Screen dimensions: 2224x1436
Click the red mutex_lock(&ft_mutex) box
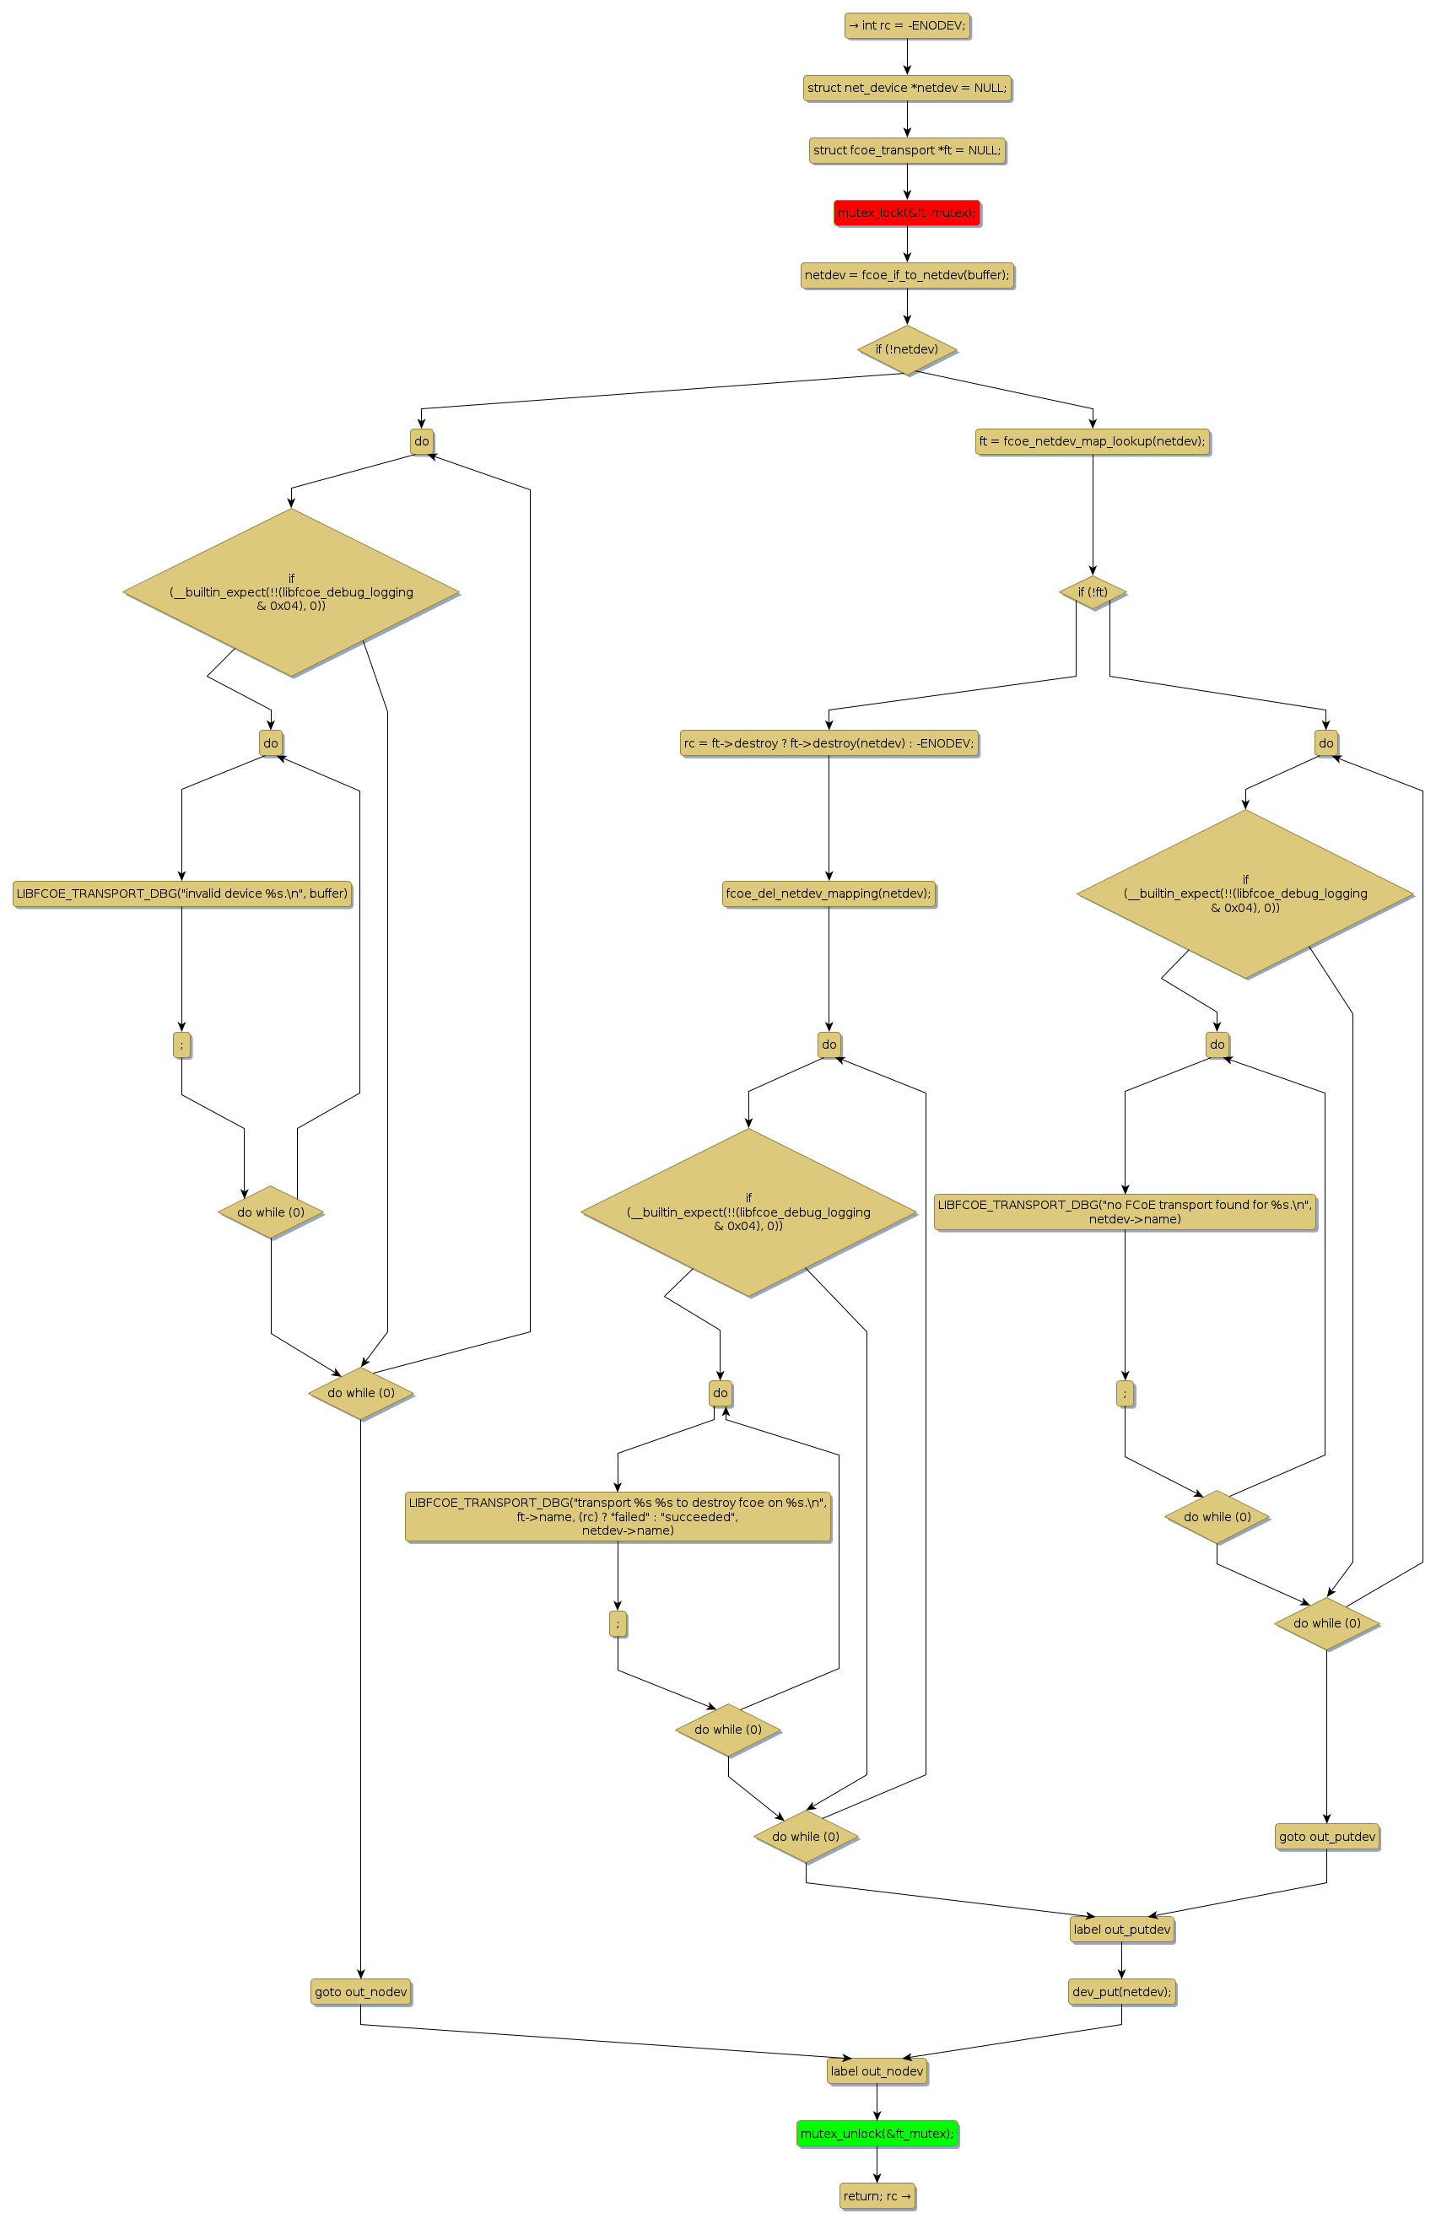906,213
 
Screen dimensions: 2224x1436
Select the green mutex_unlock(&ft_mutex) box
877,2134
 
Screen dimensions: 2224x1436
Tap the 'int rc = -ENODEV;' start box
906,25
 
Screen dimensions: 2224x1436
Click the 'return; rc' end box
877,2196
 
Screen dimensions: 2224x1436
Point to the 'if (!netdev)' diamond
906,349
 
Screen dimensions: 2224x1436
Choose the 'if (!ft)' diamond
1093,592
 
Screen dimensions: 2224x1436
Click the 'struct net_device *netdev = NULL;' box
906,88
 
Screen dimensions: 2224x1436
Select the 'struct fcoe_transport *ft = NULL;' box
906,150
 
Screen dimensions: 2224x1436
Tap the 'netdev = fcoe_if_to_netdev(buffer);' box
906,275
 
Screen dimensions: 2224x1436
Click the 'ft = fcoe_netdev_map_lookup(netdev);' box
1092,441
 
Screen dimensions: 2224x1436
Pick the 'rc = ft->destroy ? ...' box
828,743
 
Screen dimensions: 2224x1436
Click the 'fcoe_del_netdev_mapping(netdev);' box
828,893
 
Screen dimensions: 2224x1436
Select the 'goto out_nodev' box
361,1992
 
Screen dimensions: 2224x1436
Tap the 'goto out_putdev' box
1327,1837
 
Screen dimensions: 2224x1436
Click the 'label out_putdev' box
1122,1930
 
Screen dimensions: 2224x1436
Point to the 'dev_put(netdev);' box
1122,1992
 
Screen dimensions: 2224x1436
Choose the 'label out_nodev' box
877,2071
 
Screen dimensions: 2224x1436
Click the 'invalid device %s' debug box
182,893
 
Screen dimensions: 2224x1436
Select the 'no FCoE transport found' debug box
1125,1212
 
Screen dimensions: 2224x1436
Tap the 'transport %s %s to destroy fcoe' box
618,1516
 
